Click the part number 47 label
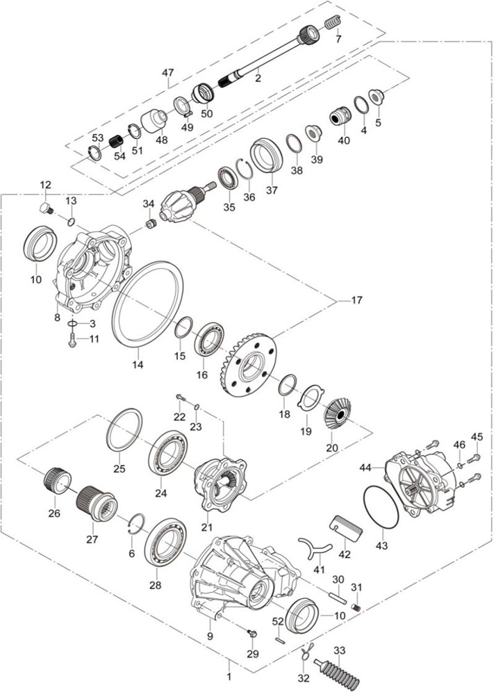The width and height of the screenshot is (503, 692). point(167,73)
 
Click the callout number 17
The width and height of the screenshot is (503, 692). point(356,301)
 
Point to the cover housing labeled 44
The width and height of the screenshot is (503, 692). point(422,481)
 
